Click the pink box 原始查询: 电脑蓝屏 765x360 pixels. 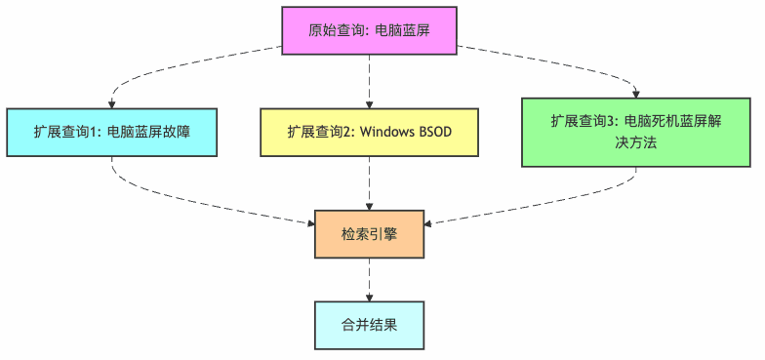(x=369, y=30)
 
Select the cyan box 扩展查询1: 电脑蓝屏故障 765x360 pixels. (x=110, y=132)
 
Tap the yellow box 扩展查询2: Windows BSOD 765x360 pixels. (x=369, y=132)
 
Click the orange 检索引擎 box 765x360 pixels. (x=369, y=233)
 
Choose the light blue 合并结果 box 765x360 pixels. (x=369, y=325)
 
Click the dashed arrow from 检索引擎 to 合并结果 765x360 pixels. (x=369, y=278)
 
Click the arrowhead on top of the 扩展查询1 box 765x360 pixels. (x=111, y=102)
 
